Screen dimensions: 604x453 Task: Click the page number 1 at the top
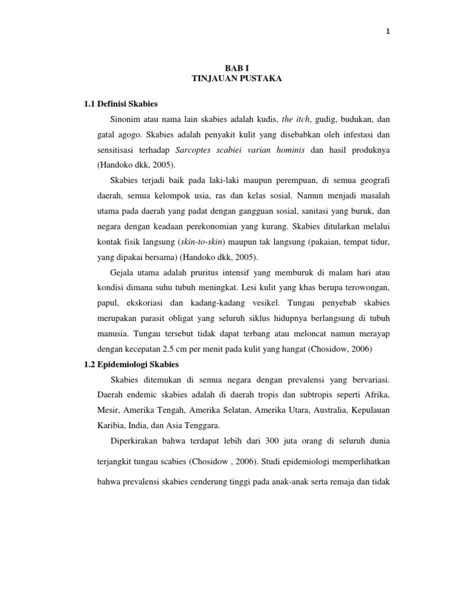(388, 32)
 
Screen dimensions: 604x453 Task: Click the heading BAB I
(237, 69)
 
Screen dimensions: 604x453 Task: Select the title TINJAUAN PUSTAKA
(237, 79)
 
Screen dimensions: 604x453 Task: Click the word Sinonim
(125, 120)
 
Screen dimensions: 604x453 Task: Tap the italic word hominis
(287, 150)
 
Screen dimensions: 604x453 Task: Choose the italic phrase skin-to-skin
(202, 241)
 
